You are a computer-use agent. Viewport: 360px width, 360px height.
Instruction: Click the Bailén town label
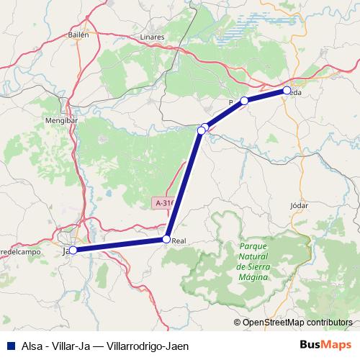click(x=77, y=34)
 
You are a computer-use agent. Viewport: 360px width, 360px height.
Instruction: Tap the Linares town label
click(x=153, y=37)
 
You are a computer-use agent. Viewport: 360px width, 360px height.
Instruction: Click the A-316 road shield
click(x=165, y=204)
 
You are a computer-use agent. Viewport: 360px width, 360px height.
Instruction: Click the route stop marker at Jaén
click(x=72, y=251)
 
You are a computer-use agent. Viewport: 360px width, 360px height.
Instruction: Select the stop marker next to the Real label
click(x=166, y=239)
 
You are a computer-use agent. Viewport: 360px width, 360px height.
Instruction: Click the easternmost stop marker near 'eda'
click(x=287, y=91)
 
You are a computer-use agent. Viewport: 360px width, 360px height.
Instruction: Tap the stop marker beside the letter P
click(x=244, y=101)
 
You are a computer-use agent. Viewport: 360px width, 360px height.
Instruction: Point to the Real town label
click(x=179, y=241)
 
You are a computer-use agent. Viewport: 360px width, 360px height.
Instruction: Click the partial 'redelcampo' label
click(x=17, y=252)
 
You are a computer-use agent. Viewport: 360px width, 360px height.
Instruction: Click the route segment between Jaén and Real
click(x=119, y=245)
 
